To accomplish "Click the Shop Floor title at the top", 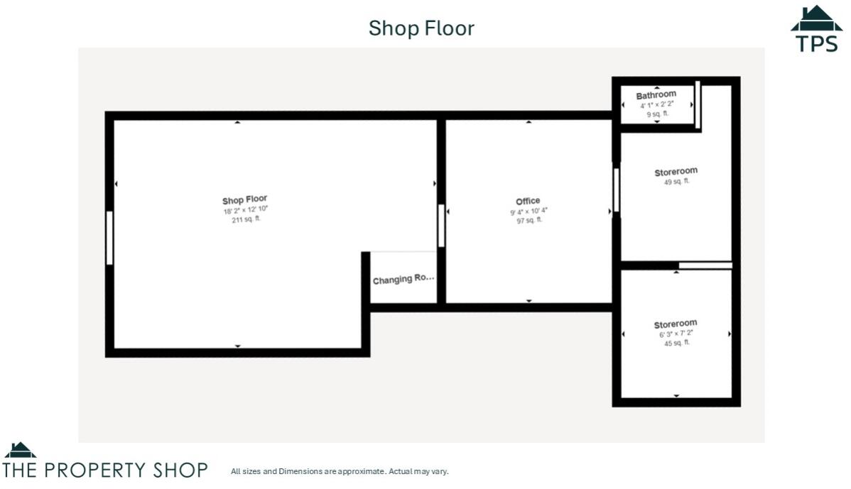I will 421,28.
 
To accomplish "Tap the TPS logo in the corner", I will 816,30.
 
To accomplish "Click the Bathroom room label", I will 656,95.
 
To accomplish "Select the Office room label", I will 528,201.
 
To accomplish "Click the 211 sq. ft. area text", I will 246,219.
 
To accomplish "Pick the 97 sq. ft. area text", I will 529,220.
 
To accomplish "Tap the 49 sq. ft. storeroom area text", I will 676,182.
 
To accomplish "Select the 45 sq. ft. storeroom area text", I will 676,343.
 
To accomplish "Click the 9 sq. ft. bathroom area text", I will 656,114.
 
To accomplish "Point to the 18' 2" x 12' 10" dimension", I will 245,210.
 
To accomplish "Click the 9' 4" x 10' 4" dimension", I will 528,211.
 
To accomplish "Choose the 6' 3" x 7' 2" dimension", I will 676,334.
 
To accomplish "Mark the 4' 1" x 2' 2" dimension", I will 656,105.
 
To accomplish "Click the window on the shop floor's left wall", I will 109,238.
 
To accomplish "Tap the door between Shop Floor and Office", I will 441,226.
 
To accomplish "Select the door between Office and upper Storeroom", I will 616,189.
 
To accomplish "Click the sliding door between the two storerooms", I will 705,265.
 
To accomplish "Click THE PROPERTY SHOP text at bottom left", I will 105,470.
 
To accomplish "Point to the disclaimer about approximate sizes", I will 340,471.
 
